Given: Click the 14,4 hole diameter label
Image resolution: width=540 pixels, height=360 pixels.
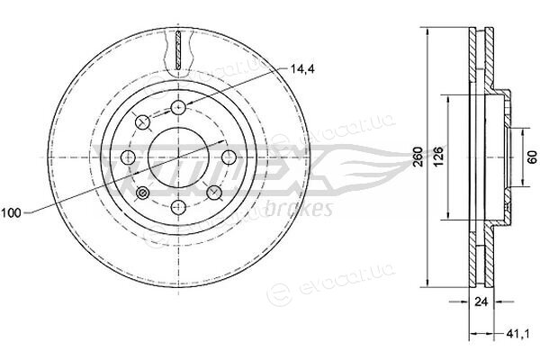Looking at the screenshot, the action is [x=302, y=69].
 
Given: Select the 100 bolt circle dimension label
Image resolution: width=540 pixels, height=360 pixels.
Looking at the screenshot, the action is [x=12, y=213].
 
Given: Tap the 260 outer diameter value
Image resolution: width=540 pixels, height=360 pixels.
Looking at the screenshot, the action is [x=418, y=157].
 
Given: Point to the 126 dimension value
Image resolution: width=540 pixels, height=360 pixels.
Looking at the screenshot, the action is [x=438, y=157].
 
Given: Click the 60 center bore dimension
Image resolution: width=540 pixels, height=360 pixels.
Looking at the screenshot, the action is [x=532, y=157].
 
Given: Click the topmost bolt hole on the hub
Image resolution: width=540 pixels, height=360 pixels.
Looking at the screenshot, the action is [x=178, y=107].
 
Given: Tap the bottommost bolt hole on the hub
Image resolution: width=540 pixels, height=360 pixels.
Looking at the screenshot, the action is [x=178, y=207].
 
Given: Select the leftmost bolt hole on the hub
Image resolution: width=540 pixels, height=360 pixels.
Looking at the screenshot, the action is [x=129, y=157].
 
